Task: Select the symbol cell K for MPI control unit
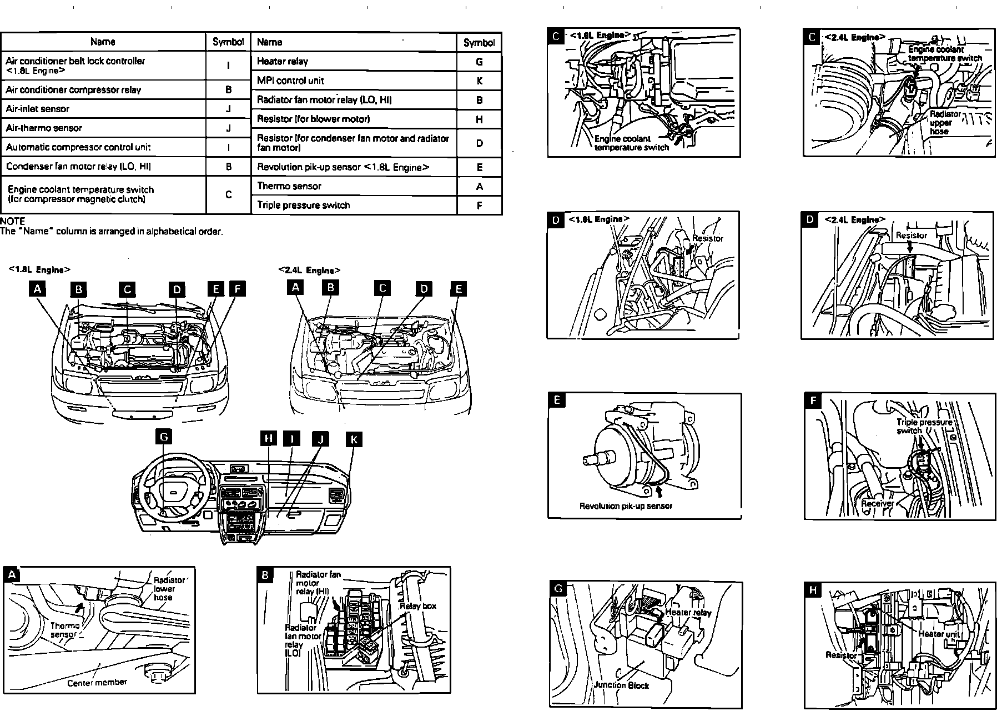pyautogui.click(x=479, y=81)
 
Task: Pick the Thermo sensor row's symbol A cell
pyautogui.click(x=479, y=187)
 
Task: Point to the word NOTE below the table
pyautogui.click(x=13, y=222)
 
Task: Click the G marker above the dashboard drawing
pyautogui.click(x=164, y=437)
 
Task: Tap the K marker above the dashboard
pyautogui.click(x=354, y=439)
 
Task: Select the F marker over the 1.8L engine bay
pyautogui.click(x=237, y=289)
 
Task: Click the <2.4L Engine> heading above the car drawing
pyautogui.click(x=309, y=271)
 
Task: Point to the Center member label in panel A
pyautogui.click(x=97, y=682)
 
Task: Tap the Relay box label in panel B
pyautogui.click(x=418, y=606)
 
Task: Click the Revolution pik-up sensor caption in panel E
pyautogui.click(x=626, y=506)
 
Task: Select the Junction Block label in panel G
pyautogui.click(x=621, y=685)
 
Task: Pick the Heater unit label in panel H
pyautogui.click(x=939, y=633)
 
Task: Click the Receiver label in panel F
pyautogui.click(x=878, y=503)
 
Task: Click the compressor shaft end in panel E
pyautogui.click(x=589, y=459)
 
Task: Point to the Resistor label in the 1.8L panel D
pyautogui.click(x=708, y=238)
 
